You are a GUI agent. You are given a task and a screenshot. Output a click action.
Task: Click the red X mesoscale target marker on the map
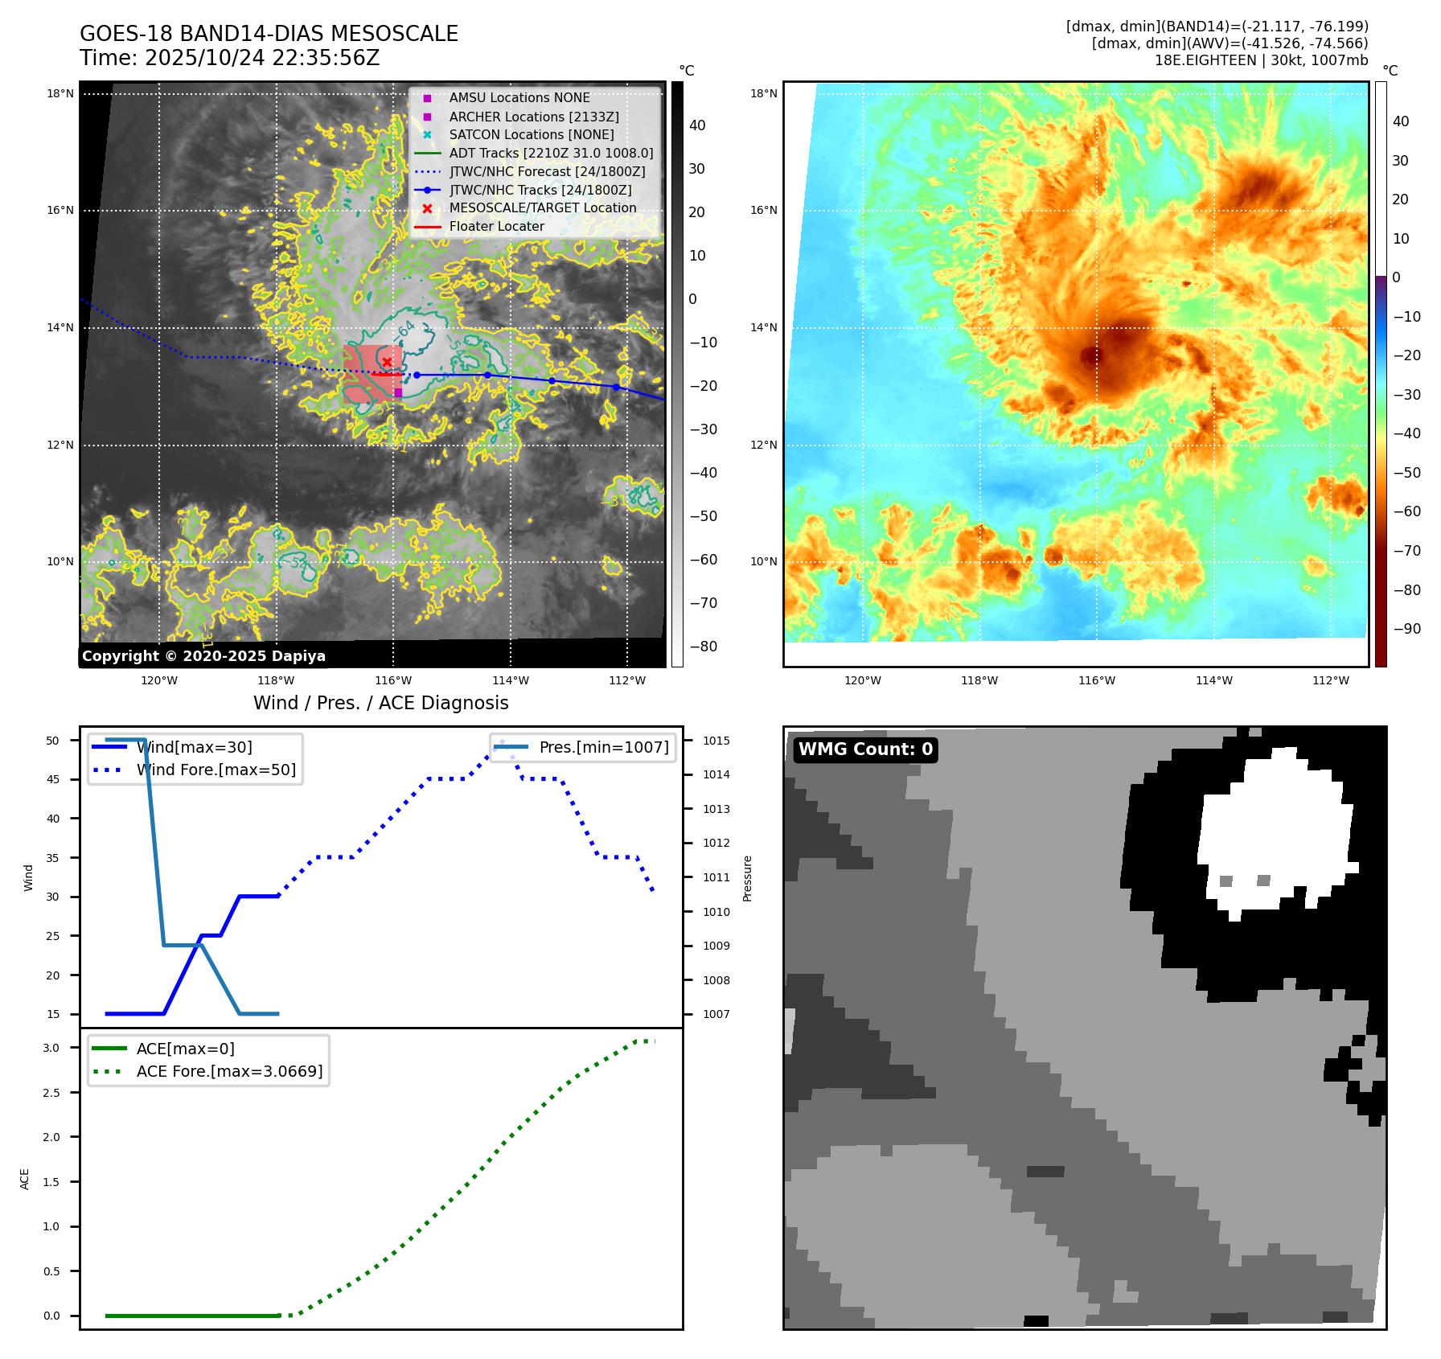[x=387, y=363]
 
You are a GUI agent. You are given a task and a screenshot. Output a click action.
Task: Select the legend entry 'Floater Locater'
[x=496, y=227]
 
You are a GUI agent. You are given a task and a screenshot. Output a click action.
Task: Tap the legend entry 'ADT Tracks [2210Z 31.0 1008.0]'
[x=551, y=153]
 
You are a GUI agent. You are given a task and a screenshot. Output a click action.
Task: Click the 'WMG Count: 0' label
[x=865, y=749]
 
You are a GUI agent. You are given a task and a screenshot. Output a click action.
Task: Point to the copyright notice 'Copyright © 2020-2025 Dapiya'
[x=203, y=656]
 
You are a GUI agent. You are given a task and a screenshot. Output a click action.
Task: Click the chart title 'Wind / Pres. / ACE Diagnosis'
[x=380, y=703]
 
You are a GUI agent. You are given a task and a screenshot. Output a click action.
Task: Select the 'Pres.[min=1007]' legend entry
[x=603, y=747]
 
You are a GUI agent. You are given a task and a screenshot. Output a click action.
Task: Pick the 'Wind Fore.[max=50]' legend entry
[x=216, y=770]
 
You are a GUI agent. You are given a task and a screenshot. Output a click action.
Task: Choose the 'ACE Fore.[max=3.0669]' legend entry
[x=229, y=1071]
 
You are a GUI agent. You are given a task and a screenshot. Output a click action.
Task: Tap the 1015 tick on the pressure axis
[x=716, y=741]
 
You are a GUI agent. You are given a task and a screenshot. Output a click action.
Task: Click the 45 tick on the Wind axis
[x=53, y=779]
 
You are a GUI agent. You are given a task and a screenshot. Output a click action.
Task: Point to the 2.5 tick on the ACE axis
[x=51, y=1093]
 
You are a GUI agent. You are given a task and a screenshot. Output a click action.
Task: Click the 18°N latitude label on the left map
[x=60, y=93]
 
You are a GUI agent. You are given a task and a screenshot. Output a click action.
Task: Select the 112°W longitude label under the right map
[x=1330, y=680]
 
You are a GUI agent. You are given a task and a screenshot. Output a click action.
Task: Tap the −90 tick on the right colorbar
[x=1406, y=629]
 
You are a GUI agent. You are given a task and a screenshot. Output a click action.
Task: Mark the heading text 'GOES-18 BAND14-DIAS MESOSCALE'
[x=269, y=34]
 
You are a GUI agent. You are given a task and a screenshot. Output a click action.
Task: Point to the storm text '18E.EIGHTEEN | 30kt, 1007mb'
[x=1261, y=60]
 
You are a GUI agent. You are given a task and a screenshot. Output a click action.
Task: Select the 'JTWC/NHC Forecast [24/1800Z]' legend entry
[x=547, y=171]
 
